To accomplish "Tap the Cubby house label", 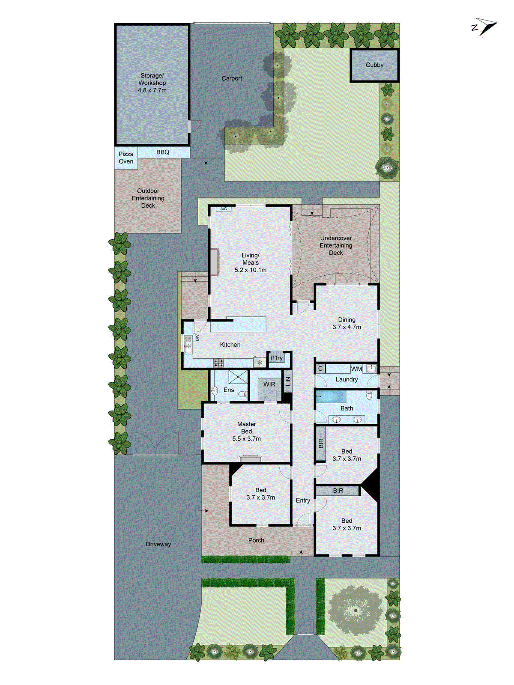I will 374,65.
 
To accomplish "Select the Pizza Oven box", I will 126,158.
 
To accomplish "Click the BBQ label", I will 163,152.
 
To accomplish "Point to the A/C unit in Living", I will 223,209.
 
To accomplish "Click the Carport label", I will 232,78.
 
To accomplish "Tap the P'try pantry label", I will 276,358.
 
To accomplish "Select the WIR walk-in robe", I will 269,384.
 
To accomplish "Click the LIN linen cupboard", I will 288,381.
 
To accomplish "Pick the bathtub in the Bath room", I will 331,396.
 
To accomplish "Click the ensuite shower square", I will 238,377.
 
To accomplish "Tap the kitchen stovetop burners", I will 219,363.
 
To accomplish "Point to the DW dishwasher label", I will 197,337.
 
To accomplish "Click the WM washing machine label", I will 356,369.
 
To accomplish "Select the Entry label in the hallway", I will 303,500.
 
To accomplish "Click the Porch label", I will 256,540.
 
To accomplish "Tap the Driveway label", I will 158,544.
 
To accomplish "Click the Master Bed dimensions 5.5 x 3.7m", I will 247,439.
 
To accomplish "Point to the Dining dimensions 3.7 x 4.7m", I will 347,327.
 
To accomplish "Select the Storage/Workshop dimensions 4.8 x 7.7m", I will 152,90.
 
